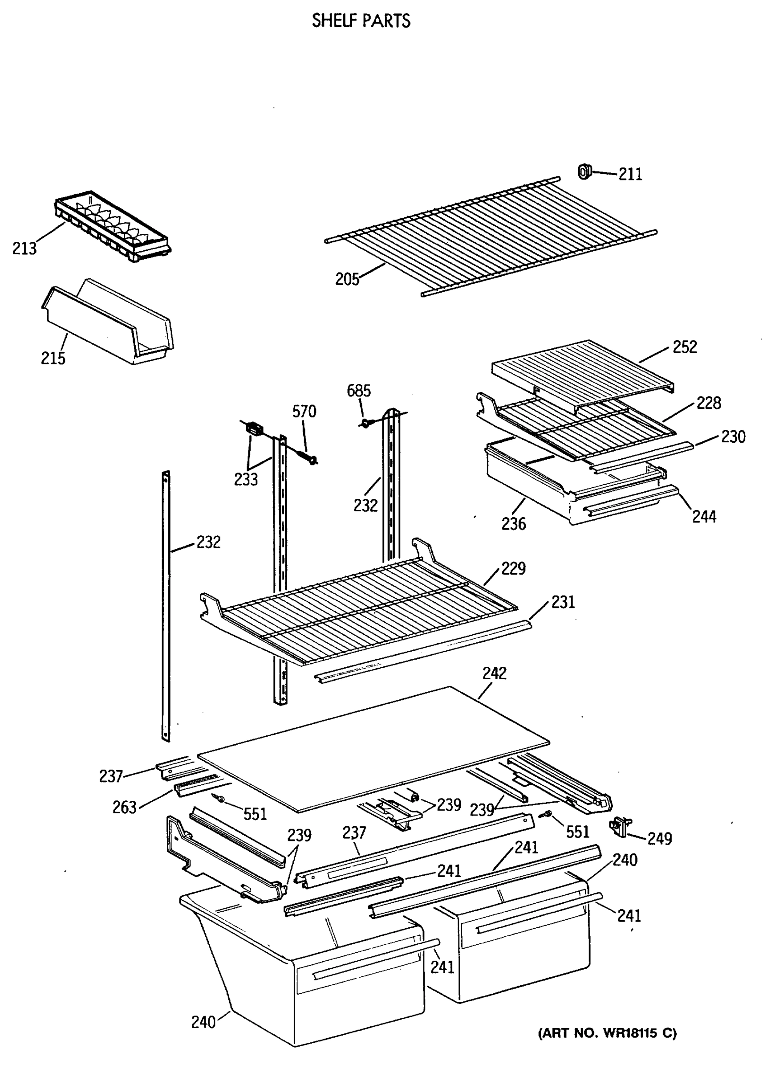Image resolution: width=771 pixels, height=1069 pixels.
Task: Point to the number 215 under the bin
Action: pos(53,359)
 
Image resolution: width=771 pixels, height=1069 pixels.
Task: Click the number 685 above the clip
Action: pos(358,391)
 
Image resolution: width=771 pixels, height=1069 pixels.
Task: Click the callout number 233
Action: pos(246,479)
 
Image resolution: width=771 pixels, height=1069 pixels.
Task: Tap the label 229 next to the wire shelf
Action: pos(513,568)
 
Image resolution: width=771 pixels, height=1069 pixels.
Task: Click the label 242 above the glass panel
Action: pos(494,673)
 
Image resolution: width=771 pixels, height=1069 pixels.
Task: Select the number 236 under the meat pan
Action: pos(513,524)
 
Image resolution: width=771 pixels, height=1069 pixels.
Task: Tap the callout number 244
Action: pos(704,517)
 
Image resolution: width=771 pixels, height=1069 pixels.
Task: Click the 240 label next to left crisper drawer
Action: pos(203,1022)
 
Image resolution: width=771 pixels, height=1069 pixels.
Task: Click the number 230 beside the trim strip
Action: pos(733,437)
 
